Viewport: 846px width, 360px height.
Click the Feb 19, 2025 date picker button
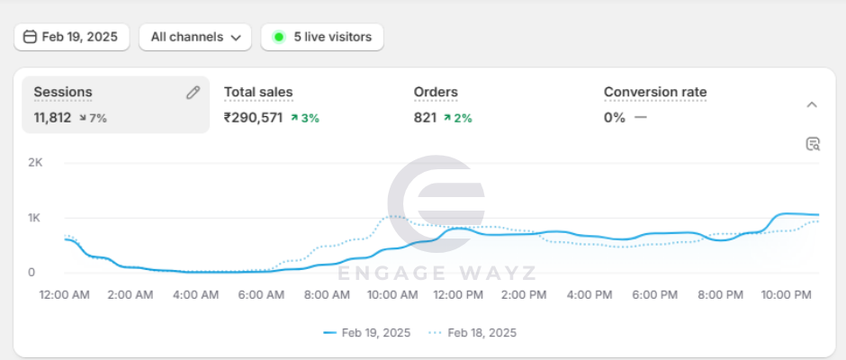[x=72, y=37]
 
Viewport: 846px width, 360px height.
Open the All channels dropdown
[x=195, y=37]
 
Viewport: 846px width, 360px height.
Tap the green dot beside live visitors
[x=279, y=37]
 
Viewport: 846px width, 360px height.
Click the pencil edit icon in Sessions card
[x=193, y=93]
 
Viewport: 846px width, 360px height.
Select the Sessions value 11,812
[x=52, y=118]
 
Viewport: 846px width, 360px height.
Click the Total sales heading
[x=258, y=92]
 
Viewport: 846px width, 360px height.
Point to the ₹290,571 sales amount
[x=253, y=118]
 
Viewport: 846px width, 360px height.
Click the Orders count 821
[x=425, y=118]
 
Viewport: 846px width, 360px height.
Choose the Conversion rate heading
[x=655, y=92]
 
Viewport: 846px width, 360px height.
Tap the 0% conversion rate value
[x=614, y=118]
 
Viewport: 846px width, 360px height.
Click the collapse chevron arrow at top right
[x=812, y=104]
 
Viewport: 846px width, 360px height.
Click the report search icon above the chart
[x=813, y=144]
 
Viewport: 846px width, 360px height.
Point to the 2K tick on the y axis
[x=35, y=163]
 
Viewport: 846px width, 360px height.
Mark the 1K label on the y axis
[x=35, y=218]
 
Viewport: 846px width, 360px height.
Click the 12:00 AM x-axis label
[x=65, y=294]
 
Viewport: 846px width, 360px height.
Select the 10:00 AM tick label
[x=392, y=294]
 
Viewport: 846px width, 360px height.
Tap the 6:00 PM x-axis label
[x=655, y=294]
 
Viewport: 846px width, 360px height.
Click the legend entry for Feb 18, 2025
[x=472, y=333]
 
